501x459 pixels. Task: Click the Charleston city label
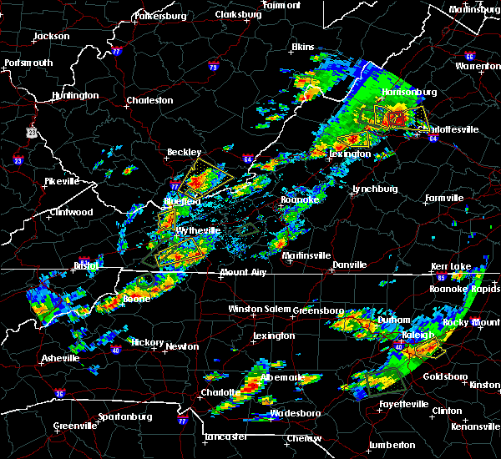pyautogui.click(x=149, y=101)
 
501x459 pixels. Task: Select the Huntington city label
pyautogui.click(x=74, y=95)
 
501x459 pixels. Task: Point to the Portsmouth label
pyautogui.click(x=28, y=63)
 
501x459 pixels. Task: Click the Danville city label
pyautogui.click(x=349, y=265)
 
